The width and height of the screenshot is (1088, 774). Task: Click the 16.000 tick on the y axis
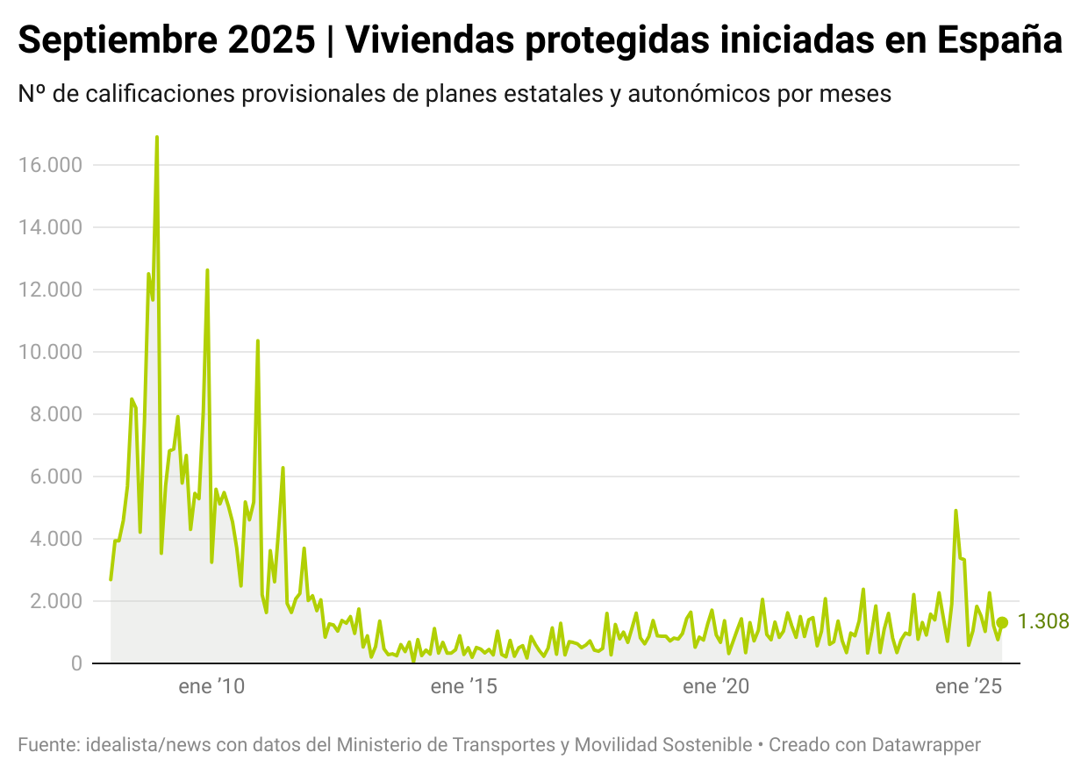[50, 165]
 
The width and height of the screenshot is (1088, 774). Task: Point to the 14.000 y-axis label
[50, 227]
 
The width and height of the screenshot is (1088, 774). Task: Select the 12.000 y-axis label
[50, 290]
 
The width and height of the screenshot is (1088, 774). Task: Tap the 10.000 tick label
[50, 352]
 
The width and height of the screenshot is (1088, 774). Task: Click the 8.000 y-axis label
[55, 414]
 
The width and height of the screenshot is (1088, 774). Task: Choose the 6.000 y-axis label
[55, 477]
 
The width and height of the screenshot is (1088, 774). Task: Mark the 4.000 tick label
[55, 539]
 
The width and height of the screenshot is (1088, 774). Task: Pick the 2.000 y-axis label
[55, 601]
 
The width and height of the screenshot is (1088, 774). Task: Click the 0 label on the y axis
[76, 663]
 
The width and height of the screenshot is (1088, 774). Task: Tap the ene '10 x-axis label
[211, 687]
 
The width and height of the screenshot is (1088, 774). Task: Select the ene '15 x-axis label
[464, 687]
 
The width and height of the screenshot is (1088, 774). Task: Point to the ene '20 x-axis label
[716, 687]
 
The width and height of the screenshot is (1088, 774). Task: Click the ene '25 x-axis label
[969, 687]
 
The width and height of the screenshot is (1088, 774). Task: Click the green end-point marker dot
[1002, 622]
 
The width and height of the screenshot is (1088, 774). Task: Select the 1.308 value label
[1043, 622]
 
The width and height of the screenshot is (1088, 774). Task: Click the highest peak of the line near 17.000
[156, 138]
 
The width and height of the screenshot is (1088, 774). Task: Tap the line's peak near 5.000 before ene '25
[956, 510]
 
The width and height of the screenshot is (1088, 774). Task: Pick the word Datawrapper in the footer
[926, 745]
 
